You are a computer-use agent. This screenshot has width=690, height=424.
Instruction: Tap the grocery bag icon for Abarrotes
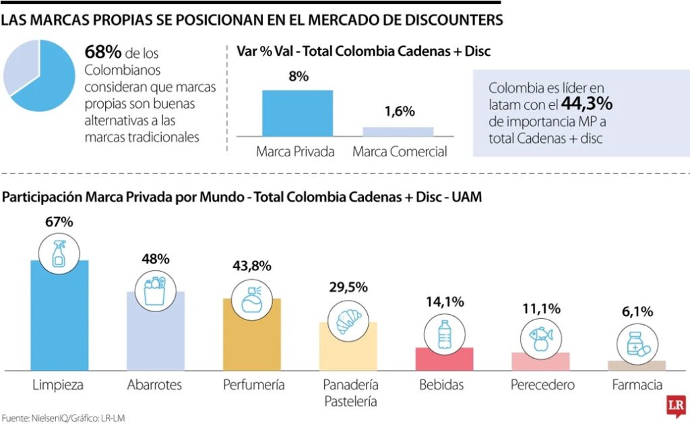pos(156,289)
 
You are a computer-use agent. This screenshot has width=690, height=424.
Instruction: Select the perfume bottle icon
pos(252,297)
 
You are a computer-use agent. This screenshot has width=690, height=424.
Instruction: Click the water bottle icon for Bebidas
pos(444,334)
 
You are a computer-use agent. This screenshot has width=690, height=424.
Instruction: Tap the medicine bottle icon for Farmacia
pos(636,345)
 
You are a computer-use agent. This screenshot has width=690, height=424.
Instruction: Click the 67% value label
pos(59,221)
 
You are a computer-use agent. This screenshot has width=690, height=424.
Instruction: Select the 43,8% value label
pos(252,266)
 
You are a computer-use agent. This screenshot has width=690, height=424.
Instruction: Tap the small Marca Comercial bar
pos(398,131)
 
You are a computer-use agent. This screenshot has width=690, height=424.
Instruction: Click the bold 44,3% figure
pos(586,104)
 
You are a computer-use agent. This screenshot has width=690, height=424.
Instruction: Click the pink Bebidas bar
pos(444,359)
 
